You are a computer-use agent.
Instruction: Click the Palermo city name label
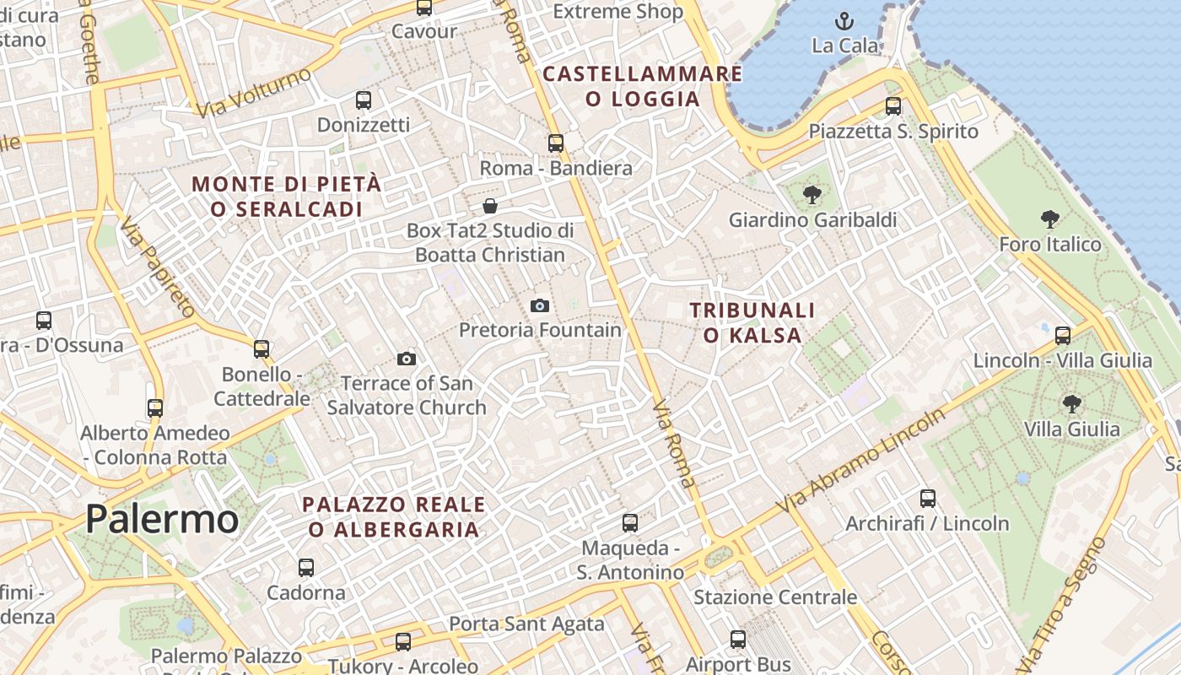162,518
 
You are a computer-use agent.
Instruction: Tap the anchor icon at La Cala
844,21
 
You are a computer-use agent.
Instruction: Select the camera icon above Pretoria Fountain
540,305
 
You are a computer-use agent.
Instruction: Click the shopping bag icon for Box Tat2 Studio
490,206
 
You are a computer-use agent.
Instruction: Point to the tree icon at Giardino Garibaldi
812,196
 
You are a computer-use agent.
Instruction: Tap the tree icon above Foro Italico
1050,220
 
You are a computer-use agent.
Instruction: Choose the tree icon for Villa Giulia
1071,404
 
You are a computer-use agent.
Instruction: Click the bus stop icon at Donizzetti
364,100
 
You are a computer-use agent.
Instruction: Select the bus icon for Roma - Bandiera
556,143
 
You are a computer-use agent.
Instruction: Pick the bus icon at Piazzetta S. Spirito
893,106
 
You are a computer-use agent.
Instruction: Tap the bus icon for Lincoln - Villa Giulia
1063,336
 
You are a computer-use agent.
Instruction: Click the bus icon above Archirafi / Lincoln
928,499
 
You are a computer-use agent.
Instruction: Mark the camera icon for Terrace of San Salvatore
407,359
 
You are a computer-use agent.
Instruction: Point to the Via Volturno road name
252,93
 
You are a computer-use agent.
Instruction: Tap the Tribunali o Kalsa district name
752,322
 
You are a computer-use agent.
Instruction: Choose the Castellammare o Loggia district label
643,86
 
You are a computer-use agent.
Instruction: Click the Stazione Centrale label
775,597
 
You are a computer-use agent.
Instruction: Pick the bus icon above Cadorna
306,568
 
